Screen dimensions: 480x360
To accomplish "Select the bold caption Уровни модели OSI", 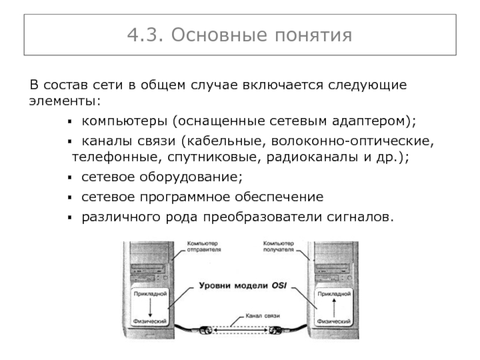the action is point(240,286).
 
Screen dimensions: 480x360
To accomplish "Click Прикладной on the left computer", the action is point(150,295).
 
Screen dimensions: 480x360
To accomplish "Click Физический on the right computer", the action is point(333,323).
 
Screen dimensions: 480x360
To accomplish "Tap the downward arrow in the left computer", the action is point(151,309).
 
